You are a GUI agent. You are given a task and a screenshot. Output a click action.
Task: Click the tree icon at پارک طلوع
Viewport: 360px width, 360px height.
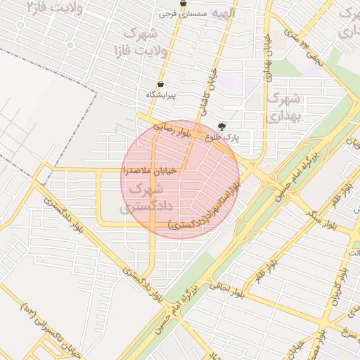(x=222, y=127)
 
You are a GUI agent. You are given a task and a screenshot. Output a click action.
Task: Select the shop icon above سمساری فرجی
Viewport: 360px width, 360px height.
(x=184, y=4)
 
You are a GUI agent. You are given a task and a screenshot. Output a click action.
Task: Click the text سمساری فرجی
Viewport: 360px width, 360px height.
(x=175, y=13)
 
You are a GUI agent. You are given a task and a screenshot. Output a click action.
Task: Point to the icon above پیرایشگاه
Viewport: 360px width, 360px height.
(x=161, y=84)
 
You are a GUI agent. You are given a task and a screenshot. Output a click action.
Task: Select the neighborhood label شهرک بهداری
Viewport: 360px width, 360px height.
(x=285, y=105)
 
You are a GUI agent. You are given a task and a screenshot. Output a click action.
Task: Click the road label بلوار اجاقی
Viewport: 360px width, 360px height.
(x=226, y=285)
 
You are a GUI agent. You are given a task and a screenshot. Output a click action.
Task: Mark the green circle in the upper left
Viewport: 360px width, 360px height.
(x=70, y=45)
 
